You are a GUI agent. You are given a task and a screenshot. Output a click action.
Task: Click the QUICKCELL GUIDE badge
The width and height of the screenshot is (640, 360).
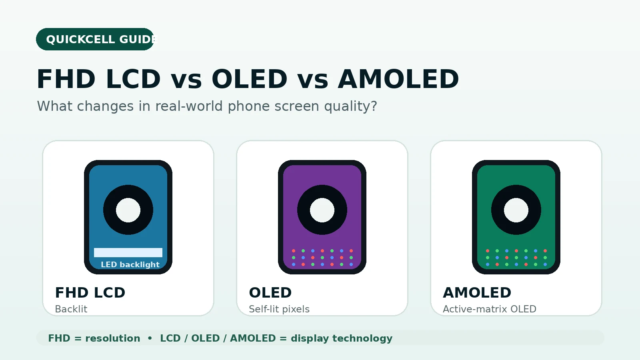click(x=95, y=39)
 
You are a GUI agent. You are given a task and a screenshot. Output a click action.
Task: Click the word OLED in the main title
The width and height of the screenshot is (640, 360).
click(x=250, y=79)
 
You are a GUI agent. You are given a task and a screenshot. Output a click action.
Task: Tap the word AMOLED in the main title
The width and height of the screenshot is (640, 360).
click(x=398, y=79)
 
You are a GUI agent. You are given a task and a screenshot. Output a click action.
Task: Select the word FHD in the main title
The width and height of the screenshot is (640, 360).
click(x=66, y=79)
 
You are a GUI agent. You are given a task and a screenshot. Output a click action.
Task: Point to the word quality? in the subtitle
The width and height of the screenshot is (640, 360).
click(x=350, y=106)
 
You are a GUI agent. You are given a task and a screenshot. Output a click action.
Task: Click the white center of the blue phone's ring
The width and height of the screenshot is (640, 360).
click(x=128, y=210)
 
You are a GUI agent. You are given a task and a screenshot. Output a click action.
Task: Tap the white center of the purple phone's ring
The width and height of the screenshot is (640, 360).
click(x=322, y=210)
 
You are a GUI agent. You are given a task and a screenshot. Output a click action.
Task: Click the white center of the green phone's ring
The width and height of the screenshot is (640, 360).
click(x=516, y=210)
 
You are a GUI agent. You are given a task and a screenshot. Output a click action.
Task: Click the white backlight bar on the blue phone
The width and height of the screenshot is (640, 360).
click(x=128, y=252)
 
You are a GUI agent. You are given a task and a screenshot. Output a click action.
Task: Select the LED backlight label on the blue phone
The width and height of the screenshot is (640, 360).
click(x=130, y=264)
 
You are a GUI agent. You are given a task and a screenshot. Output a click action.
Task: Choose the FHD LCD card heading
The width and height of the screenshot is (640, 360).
click(x=90, y=292)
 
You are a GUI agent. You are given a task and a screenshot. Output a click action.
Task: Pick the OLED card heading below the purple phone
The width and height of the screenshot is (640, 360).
click(x=270, y=292)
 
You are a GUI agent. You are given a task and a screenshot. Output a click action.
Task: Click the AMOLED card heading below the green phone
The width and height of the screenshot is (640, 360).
click(x=477, y=292)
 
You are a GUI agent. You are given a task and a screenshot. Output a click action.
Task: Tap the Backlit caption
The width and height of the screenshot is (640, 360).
click(x=71, y=309)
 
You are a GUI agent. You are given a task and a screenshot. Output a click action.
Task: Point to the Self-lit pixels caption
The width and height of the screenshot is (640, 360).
click(x=279, y=309)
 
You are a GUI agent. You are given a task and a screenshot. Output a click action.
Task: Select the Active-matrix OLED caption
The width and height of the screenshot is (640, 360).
click(x=490, y=309)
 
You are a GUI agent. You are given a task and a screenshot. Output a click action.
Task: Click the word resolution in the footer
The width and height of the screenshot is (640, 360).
click(x=112, y=338)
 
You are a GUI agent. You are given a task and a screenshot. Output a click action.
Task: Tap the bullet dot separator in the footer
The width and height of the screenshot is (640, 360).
click(x=150, y=338)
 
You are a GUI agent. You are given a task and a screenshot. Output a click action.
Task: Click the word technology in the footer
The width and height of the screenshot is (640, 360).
click(x=362, y=339)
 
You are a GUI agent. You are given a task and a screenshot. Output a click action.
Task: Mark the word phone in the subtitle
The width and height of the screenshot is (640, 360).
click(x=248, y=106)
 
